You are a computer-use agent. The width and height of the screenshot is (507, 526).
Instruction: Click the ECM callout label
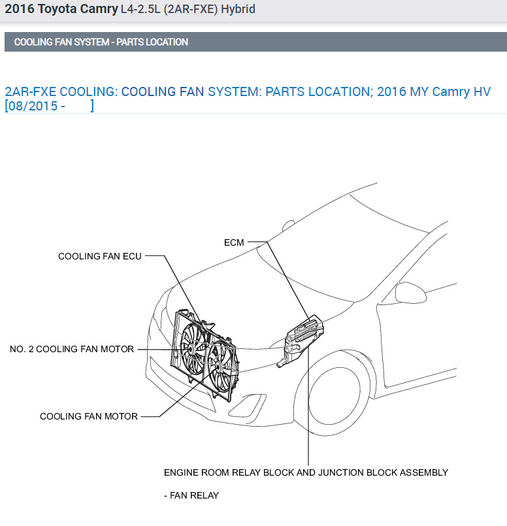tap(233, 242)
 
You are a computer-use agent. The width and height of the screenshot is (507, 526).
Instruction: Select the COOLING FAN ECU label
tap(99, 256)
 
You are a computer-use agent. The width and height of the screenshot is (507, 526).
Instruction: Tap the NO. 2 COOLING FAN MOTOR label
tap(71, 349)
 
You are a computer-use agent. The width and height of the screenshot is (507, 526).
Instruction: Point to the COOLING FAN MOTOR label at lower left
tap(89, 416)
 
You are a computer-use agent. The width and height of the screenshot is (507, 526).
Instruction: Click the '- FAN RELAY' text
tap(191, 495)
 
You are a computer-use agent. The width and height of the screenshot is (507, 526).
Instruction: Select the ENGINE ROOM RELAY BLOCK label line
tap(306, 472)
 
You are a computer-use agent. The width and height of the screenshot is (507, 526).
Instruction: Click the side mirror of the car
tap(411, 290)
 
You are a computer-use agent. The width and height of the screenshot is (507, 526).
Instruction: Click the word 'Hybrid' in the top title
tap(237, 9)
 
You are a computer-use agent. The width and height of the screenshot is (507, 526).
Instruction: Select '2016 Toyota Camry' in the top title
tap(61, 9)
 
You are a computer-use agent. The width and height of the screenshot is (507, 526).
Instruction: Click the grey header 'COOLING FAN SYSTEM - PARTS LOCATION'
tap(101, 42)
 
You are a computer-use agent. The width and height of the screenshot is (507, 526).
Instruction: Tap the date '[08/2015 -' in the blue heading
tap(34, 106)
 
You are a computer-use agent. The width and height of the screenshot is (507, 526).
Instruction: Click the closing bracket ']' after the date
tap(92, 106)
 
